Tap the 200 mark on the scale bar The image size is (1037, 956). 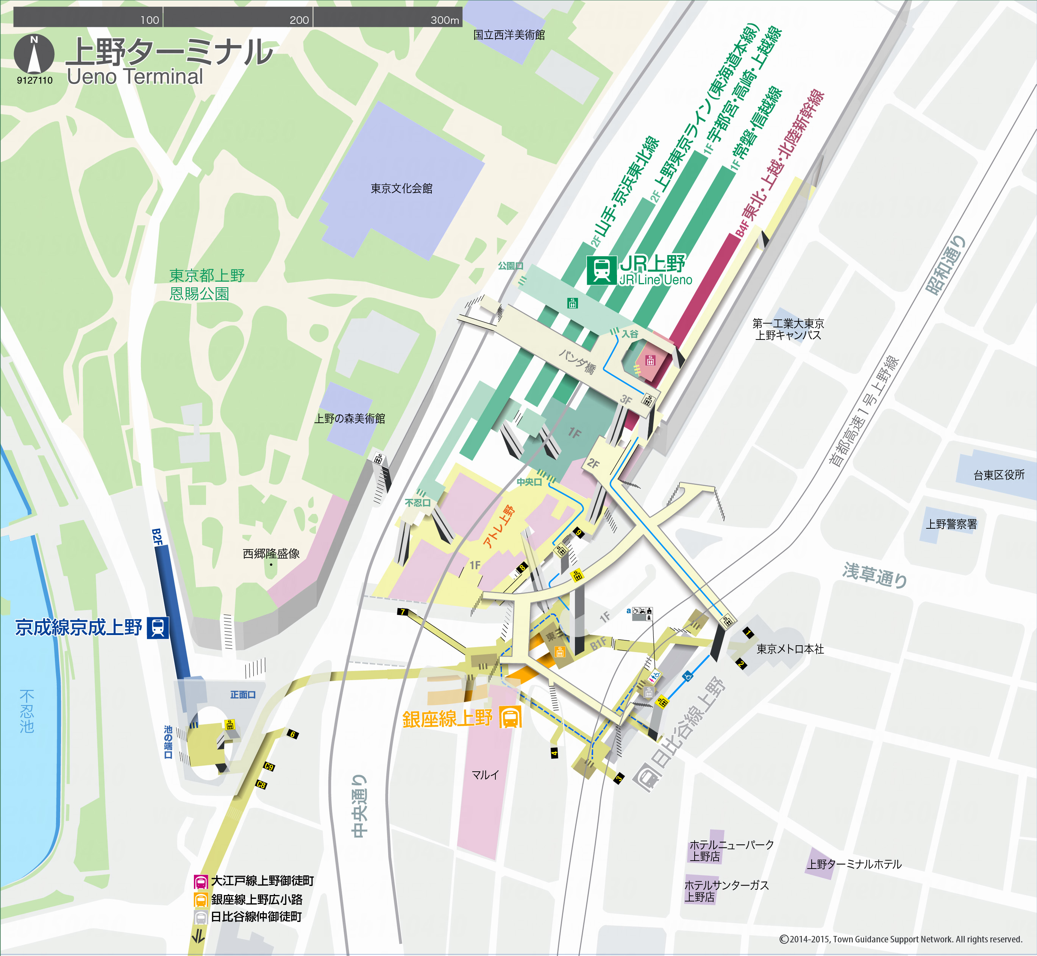[299, 20]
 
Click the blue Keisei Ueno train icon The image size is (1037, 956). [158, 627]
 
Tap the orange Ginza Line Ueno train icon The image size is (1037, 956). [510, 718]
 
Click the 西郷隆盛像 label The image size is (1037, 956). [271, 554]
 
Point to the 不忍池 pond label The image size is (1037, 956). [27, 711]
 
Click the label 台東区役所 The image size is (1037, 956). [999, 475]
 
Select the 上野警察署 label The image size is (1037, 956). [951, 524]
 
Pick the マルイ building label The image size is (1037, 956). [485, 774]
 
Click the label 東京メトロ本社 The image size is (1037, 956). [790, 649]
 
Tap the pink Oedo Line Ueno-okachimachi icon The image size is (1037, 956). [201, 881]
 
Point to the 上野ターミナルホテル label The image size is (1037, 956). [854, 864]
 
